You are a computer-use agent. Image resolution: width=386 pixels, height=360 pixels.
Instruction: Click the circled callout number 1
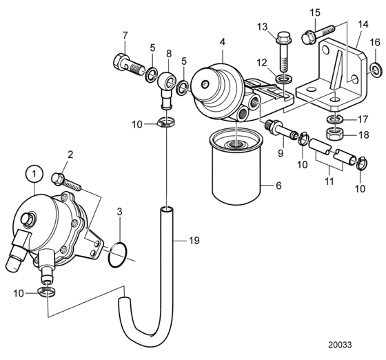pos(34,174)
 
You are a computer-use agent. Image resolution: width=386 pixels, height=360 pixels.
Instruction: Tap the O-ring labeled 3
pos(109,255)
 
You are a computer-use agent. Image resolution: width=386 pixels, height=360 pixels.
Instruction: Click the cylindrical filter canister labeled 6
pos(236,168)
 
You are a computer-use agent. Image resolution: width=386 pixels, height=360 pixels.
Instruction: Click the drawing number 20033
pos(340,345)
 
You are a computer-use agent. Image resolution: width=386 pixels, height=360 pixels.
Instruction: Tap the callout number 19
pos(194,240)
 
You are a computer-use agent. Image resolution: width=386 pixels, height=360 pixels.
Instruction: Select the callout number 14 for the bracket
pos(363,24)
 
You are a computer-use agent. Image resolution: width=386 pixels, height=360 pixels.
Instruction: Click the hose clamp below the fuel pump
pos(47,291)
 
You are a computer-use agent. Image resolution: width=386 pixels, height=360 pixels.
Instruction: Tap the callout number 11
pos(329,181)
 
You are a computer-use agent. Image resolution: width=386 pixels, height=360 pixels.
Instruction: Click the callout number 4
pos(222,42)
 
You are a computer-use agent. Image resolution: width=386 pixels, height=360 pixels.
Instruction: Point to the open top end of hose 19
pos(167,210)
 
